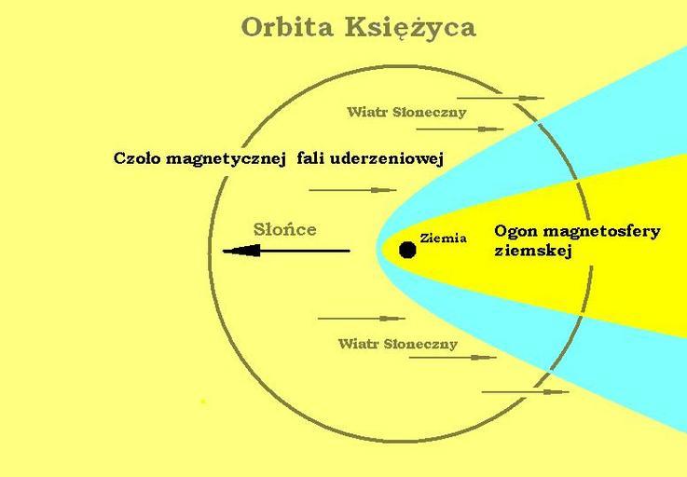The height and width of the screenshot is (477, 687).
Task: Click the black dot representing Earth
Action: point(407,250)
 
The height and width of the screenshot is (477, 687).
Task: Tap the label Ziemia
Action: point(443,238)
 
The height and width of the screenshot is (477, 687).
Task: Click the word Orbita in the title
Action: point(287,28)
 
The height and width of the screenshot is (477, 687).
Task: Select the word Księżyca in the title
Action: point(410,28)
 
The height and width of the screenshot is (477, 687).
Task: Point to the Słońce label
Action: point(285,229)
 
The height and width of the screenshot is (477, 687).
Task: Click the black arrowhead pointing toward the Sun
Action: point(241,251)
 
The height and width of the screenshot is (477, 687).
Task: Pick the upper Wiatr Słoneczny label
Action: point(406,112)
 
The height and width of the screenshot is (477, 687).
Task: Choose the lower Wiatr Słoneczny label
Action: point(398,344)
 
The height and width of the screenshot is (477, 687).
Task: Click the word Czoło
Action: point(137,158)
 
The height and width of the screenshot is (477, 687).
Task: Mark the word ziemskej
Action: point(533,252)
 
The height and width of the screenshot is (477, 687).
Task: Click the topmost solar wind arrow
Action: point(501,98)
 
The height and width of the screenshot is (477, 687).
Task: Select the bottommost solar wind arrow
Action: point(526,391)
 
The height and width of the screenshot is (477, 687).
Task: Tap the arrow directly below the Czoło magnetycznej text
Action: point(352,190)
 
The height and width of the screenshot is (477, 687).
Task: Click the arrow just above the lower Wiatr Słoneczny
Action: point(362,319)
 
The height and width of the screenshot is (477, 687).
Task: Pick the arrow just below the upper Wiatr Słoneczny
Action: point(460,129)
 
